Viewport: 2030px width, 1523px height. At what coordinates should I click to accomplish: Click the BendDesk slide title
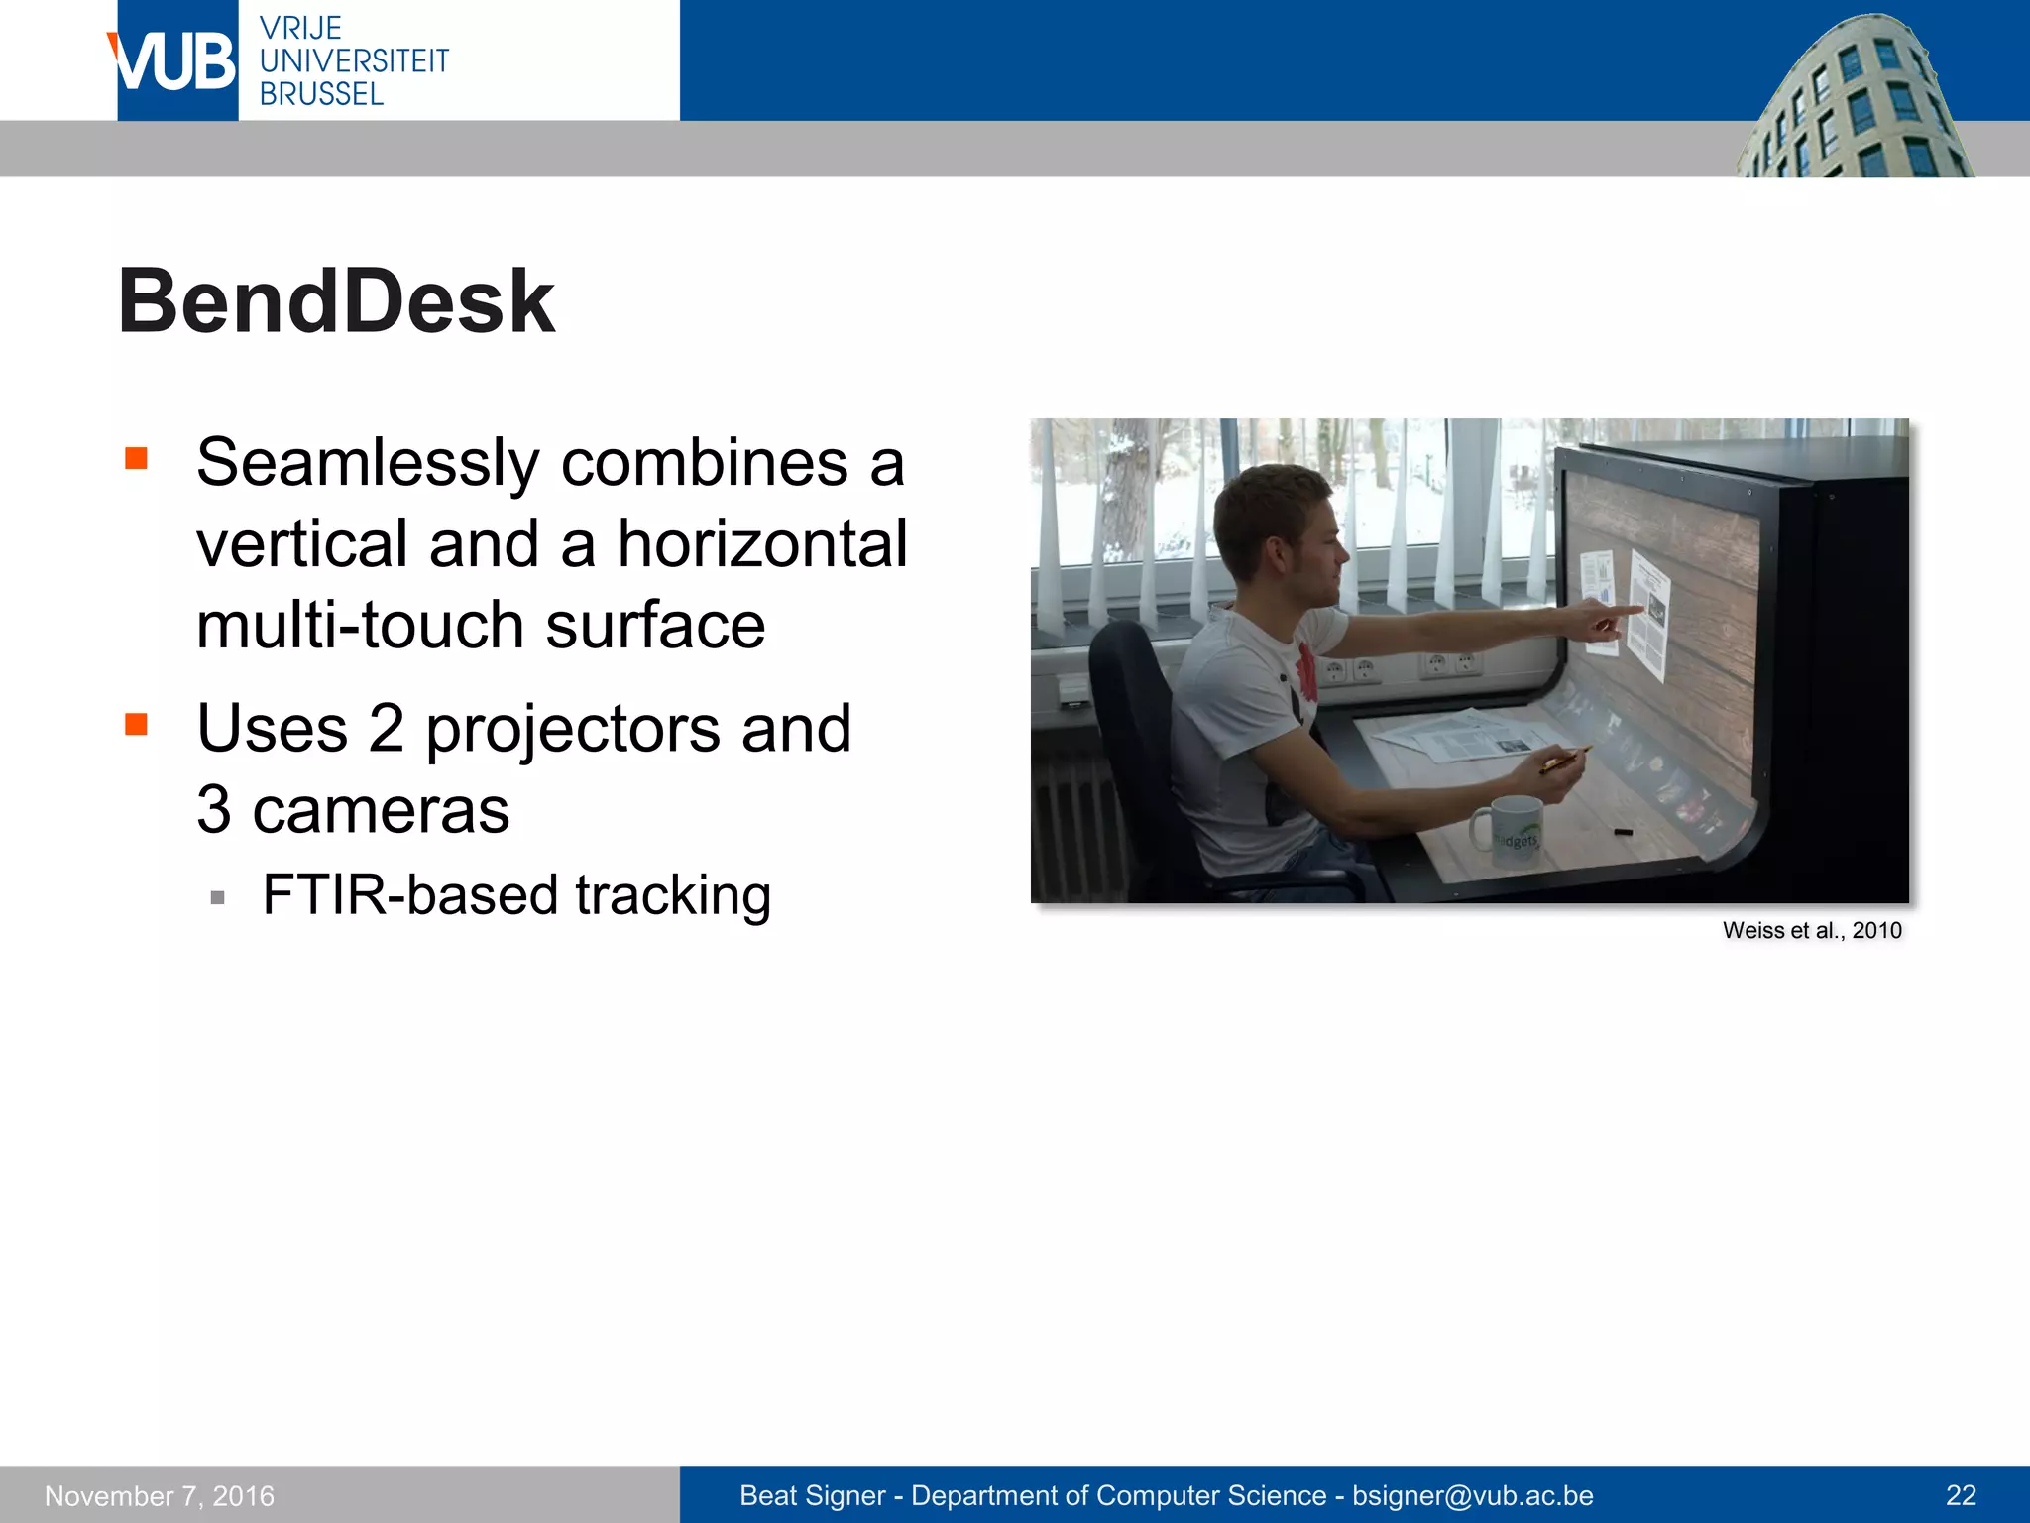click(x=336, y=301)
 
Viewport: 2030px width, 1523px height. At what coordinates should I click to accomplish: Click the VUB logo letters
click(x=174, y=61)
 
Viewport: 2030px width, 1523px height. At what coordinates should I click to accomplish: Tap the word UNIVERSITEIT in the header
click(x=354, y=61)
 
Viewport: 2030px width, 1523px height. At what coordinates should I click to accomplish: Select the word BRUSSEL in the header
click(x=321, y=94)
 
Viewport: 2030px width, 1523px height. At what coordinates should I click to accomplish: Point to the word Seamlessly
click(x=367, y=463)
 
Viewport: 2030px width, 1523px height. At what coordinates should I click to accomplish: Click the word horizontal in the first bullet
click(x=762, y=544)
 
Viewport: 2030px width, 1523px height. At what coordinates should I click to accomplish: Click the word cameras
click(x=381, y=810)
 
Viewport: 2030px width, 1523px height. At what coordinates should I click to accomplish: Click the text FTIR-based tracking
click(x=516, y=895)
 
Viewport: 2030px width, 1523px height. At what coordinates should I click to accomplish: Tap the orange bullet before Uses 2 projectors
click(x=136, y=725)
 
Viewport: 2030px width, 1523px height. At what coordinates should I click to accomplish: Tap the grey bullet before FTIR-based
click(x=218, y=898)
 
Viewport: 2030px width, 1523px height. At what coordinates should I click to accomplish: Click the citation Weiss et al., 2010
click(x=1812, y=930)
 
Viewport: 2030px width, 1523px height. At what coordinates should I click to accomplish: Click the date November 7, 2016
click(x=160, y=1495)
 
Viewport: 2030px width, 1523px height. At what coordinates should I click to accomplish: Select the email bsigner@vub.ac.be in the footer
click(x=1473, y=1495)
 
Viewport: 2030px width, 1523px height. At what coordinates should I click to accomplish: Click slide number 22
click(x=1961, y=1495)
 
